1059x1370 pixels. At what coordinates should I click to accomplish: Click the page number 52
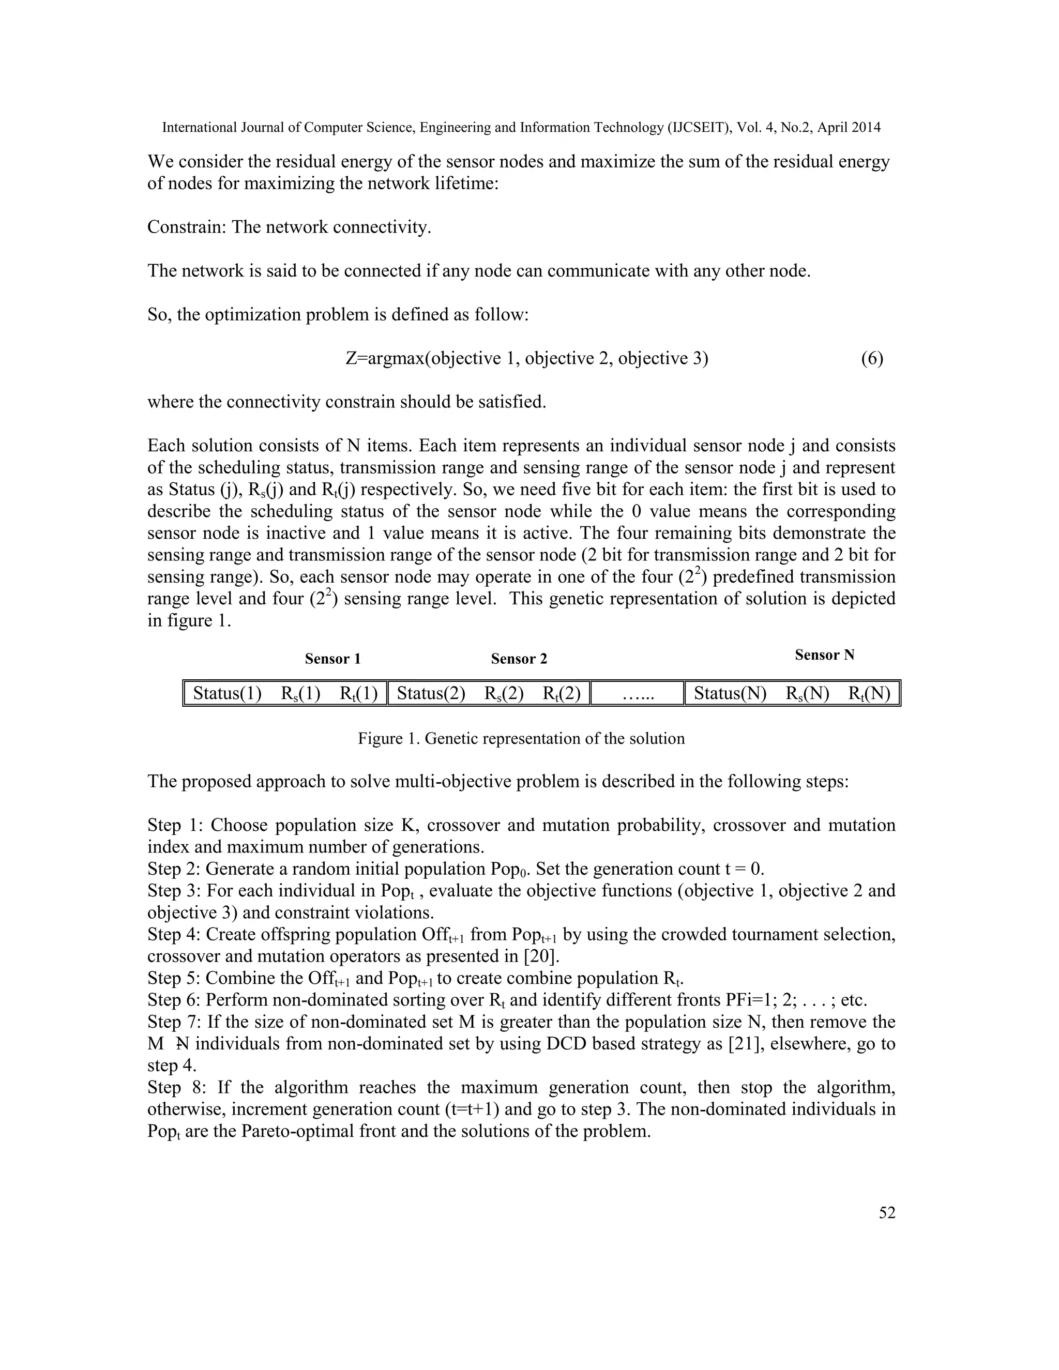click(x=886, y=1212)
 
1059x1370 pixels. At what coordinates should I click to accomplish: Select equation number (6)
click(x=871, y=358)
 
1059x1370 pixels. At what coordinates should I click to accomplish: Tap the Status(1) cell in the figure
click(x=227, y=693)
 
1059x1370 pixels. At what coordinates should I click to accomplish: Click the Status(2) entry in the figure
click(x=431, y=693)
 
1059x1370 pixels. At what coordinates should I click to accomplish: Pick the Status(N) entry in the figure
click(x=730, y=693)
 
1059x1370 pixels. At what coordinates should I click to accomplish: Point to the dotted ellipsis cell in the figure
click(x=636, y=694)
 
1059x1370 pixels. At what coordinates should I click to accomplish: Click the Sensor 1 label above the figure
click(x=332, y=659)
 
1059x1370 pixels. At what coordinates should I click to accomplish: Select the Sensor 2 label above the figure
click(x=519, y=659)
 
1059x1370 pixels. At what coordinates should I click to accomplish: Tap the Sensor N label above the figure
click(x=824, y=655)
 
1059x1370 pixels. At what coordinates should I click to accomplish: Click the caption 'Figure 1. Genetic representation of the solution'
click(x=521, y=738)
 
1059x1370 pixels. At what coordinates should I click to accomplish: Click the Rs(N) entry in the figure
click(x=807, y=693)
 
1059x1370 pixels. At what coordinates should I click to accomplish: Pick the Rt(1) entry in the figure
click(x=359, y=693)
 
